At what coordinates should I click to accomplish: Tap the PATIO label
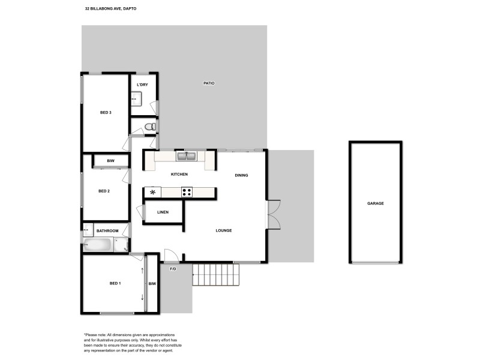(209, 83)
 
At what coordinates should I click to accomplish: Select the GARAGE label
(376, 203)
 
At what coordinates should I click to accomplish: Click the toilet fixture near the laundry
(150, 126)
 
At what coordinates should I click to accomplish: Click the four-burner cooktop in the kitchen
(187, 193)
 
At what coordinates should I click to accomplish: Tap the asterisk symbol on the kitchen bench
(152, 193)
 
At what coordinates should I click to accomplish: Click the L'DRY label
(142, 85)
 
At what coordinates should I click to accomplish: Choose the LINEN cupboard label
(163, 212)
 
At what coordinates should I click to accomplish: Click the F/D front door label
(173, 269)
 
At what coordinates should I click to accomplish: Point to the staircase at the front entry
(215, 275)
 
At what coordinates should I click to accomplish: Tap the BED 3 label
(106, 112)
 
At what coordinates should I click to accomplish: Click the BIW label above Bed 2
(110, 161)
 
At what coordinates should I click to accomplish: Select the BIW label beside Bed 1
(152, 283)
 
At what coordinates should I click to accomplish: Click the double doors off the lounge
(273, 214)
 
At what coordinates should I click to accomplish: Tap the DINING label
(241, 175)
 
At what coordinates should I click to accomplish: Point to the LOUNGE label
(224, 230)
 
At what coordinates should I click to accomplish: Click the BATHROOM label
(107, 230)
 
